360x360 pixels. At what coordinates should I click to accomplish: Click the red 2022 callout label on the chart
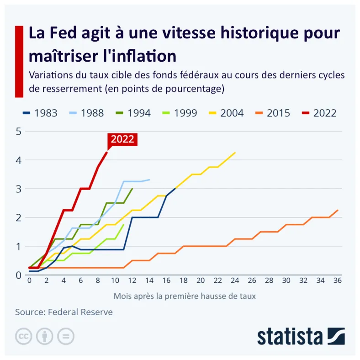[x=122, y=139]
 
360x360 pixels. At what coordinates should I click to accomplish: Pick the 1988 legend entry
[x=86, y=113]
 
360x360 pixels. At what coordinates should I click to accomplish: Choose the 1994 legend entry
[x=133, y=113]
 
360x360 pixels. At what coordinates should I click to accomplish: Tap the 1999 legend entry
[x=180, y=113]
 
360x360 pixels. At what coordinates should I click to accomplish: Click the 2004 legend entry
[x=226, y=113]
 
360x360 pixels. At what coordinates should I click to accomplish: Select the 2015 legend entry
[x=273, y=113]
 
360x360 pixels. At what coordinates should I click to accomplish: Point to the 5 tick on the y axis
[x=19, y=132]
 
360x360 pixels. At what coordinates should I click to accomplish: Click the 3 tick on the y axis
[x=19, y=189]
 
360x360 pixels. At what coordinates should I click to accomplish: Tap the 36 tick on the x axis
[x=337, y=281]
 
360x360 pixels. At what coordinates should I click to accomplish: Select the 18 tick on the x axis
[x=184, y=281]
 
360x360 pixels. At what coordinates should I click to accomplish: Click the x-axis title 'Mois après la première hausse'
[x=185, y=296]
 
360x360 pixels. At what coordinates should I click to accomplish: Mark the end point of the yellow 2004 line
[x=235, y=153]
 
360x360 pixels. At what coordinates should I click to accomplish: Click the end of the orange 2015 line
[x=338, y=210]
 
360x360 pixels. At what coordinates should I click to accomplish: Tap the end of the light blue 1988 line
[x=149, y=180]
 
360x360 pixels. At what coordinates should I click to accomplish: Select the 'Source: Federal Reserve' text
[x=64, y=312]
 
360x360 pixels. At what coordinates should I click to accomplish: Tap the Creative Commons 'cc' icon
[x=23, y=336]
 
